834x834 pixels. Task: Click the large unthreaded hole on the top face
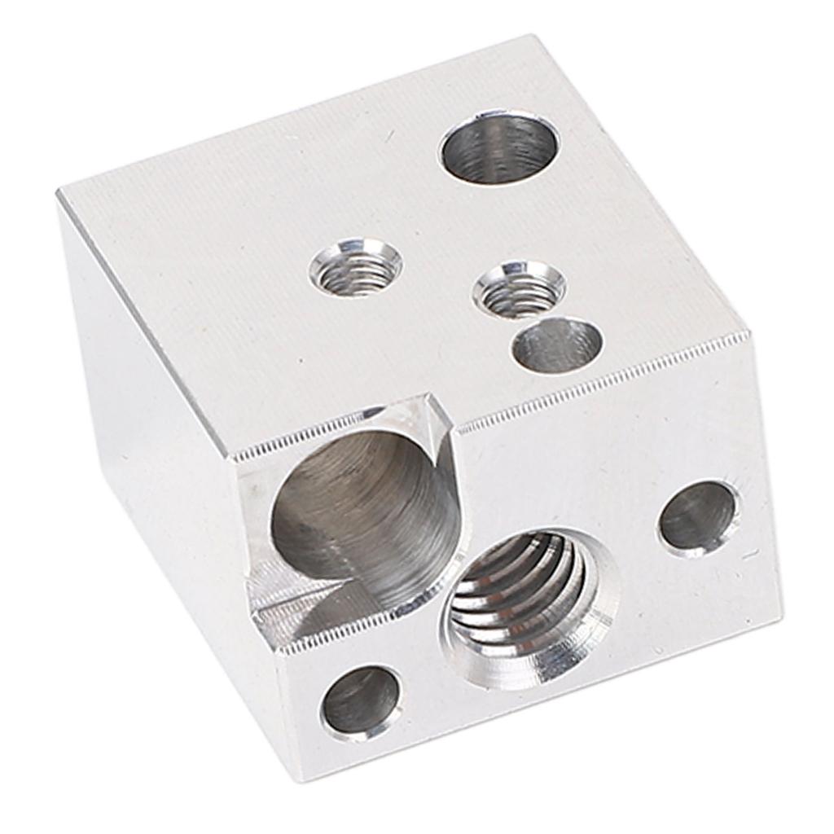(499, 148)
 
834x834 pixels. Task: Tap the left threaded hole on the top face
(356, 268)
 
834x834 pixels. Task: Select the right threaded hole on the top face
(520, 289)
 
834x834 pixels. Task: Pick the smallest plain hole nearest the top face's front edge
(558, 345)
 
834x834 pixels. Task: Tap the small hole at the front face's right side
(698, 518)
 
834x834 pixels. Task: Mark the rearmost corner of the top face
(534, 36)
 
